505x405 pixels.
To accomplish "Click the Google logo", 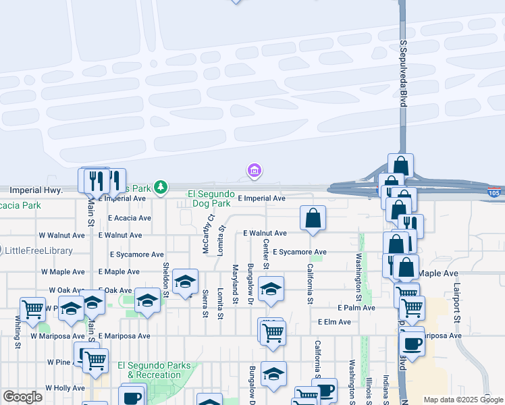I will [22, 397].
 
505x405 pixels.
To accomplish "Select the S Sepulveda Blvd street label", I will [404, 73].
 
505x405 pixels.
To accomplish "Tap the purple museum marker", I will [255, 172].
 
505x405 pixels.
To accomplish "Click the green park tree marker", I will [160, 187].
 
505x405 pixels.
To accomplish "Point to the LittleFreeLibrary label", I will [38, 250].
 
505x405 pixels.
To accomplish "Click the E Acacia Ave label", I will [130, 218].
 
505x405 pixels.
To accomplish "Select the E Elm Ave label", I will [334, 322].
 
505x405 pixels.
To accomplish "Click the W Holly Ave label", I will [65, 388].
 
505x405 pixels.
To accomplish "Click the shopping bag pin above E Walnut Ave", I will [313, 219].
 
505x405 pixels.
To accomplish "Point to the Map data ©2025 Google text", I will [462, 400].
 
